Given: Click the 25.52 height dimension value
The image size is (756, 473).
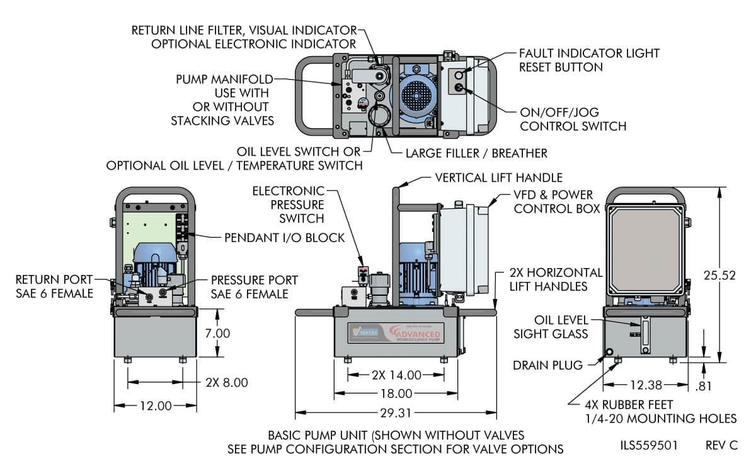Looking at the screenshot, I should click(x=721, y=275).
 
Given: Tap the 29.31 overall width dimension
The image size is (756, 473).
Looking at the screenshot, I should click(x=396, y=413).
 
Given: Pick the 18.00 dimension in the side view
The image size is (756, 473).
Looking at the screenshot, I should click(x=396, y=394).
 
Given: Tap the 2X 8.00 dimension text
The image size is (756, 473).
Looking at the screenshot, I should click(x=227, y=382).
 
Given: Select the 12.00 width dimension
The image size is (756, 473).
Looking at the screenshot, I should click(x=155, y=406).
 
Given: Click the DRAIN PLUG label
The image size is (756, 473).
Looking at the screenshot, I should click(x=545, y=365).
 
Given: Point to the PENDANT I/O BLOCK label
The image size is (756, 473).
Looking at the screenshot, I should click(x=285, y=238).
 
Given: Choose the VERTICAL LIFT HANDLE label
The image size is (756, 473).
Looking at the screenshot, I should click(x=498, y=178).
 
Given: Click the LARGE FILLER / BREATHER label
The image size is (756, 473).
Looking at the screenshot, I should click(x=476, y=153).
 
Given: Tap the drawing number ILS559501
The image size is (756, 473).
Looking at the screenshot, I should click(x=649, y=445).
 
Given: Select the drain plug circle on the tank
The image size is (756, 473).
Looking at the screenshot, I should click(x=610, y=351).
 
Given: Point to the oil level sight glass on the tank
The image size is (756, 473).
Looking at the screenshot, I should click(x=644, y=334).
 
